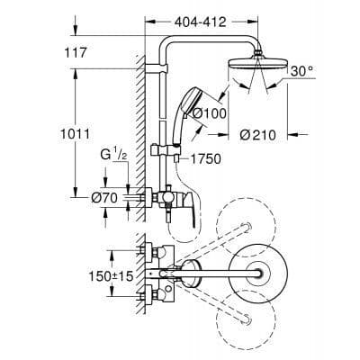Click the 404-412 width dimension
click(x=200, y=17)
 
